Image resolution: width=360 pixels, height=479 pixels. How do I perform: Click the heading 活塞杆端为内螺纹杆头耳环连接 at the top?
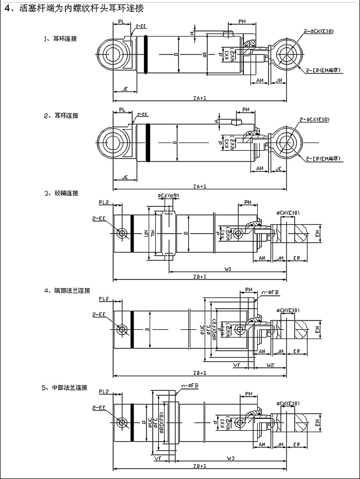coord(77,8)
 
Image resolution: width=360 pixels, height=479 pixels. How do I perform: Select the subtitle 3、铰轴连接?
coord(61,193)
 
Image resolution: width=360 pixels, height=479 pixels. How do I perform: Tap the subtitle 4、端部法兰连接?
coord(67,291)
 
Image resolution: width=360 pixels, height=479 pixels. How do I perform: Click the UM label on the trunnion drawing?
coord(147,234)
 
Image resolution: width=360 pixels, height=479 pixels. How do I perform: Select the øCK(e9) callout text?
coord(168,196)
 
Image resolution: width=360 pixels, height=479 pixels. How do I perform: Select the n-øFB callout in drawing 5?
coord(191,386)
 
